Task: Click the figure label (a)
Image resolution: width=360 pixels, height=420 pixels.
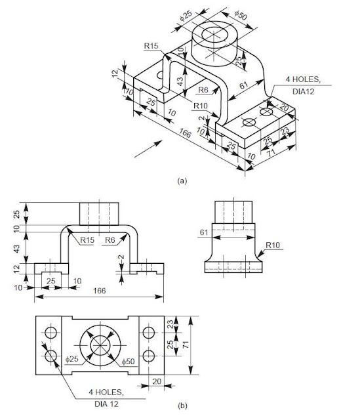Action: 182,180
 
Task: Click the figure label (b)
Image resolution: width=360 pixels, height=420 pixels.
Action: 182,406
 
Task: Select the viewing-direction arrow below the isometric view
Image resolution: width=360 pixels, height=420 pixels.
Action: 148,149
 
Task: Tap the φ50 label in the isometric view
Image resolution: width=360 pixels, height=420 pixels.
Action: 241,15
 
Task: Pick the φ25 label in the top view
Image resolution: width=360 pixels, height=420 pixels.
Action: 71,359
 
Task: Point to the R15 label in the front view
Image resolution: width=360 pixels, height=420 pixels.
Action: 87,240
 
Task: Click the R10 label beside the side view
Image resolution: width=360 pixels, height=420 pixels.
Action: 273,245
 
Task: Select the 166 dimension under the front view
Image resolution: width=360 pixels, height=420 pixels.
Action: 99,291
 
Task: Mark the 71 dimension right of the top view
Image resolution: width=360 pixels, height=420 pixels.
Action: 186,345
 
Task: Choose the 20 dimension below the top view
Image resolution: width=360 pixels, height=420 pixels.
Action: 157,381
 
